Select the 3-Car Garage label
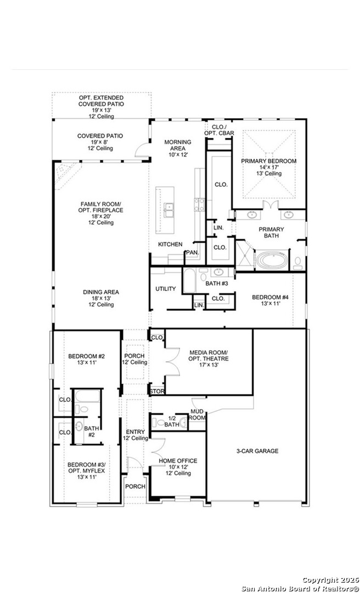coord(257,451)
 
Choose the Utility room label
coord(165,289)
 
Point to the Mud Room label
coord(198,415)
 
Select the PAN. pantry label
coord(192,253)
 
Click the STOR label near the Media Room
coord(157,391)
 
